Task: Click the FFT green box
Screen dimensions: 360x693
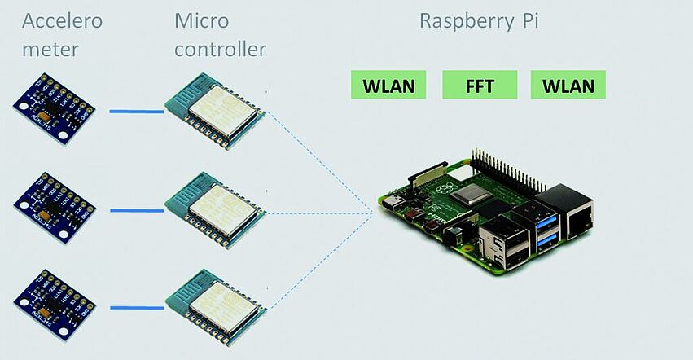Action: [480, 85]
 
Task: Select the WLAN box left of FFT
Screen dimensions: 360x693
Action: [388, 85]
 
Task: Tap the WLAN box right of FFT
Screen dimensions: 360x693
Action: [568, 85]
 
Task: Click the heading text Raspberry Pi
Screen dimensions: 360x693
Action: [479, 21]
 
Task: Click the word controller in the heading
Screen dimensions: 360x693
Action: [220, 50]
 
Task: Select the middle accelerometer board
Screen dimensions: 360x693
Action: [55, 207]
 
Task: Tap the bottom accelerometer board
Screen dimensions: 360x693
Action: [55, 303]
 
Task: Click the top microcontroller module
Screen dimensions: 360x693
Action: [215, 112]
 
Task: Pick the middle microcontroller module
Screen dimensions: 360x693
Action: [215, 209]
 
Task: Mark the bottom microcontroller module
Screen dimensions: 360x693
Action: [215, 305]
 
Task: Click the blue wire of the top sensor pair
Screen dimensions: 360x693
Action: [136, 112]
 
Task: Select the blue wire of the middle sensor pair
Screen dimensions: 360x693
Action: [136, 210]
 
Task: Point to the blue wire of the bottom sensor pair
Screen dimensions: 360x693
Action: [136, 307]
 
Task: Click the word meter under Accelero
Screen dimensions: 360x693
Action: [50, 50]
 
